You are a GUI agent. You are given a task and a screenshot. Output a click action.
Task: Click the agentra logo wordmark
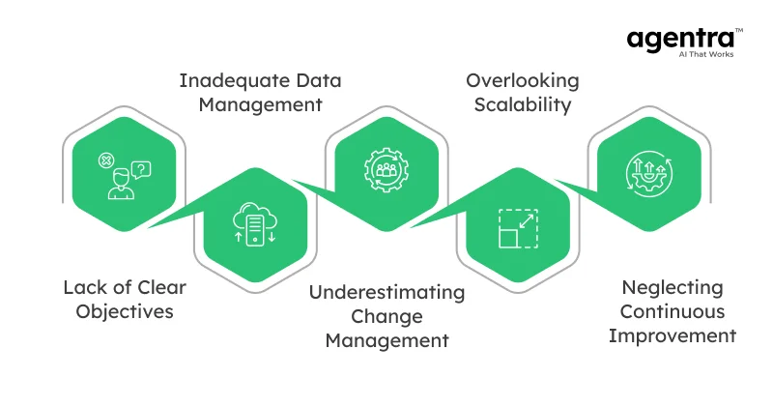point(678,39)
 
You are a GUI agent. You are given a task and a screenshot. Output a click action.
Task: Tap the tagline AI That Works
point(697,56)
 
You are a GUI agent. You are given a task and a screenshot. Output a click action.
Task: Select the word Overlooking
point(522,79)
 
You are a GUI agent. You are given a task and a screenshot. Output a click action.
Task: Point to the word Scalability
point(522,104)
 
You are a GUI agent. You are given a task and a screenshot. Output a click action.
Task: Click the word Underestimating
point(386,292)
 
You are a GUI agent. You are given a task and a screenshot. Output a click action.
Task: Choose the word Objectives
point(125,312)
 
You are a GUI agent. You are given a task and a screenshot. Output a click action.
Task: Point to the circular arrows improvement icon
point(647,173)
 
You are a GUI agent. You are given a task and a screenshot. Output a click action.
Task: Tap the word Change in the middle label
point(386,316)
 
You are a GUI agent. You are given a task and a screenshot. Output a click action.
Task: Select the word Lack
point(82,287)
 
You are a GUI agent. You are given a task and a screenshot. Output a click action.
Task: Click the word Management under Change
point(386,340)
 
